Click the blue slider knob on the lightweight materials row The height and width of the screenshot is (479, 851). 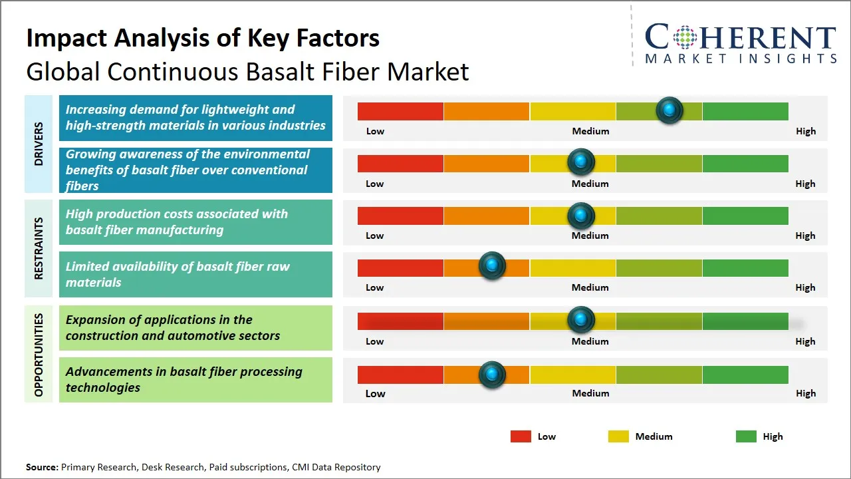(x=669, y=110)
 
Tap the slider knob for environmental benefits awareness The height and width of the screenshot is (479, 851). (x=581, y=162)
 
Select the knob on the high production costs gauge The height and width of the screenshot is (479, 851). (x=581, y=215)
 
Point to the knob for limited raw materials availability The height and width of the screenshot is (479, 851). (x=492, y=266)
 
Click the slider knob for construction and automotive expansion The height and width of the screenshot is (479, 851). (x=581, y=320)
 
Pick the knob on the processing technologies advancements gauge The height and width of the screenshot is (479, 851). (x=492, y=375)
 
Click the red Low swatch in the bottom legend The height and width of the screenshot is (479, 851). (x=521, y=436)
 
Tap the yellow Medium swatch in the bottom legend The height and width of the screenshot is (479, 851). (x=618, y=436)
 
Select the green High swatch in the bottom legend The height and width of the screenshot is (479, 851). (x=746, y=436)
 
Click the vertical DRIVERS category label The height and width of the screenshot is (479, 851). (x=38, y=143)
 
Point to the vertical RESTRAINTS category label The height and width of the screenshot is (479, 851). (x=38, y=248)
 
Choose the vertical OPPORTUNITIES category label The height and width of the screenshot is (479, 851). (x=38, y=355)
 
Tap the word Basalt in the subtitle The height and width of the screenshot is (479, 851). (x=290, y=71)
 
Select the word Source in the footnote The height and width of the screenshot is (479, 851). (x=42, y=467)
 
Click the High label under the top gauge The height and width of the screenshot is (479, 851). (x=805, y=131)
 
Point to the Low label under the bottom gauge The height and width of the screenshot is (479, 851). (x=375, y=393)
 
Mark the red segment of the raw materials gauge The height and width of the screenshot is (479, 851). (x=400, y=267)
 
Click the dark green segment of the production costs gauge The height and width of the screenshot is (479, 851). (x=745, y=216)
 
